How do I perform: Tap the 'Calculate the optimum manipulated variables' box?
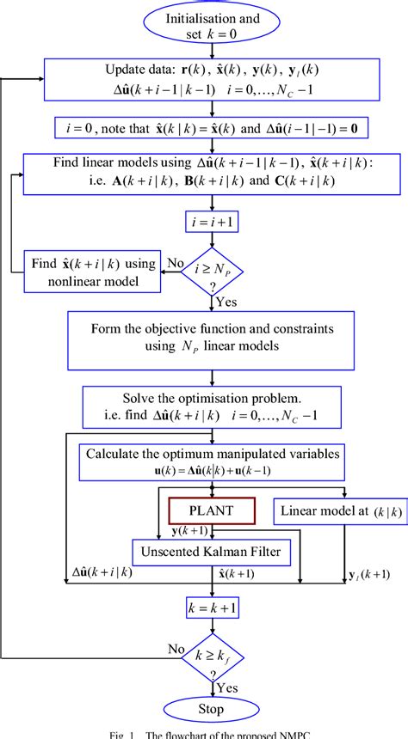point(211,461)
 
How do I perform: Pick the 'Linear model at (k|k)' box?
point(331,512)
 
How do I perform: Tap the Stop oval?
point(211,710)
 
